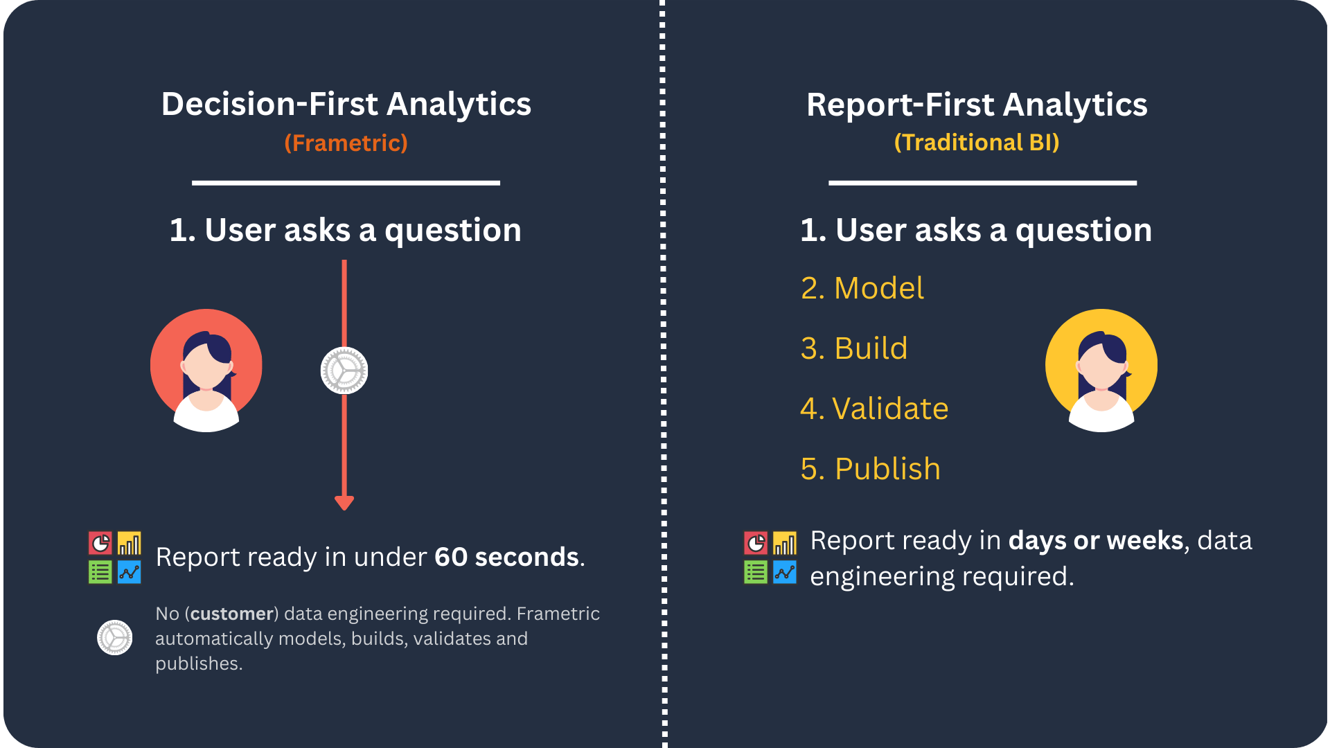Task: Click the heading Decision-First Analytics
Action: (x=346, y=105)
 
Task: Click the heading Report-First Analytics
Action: (x=977, y=105)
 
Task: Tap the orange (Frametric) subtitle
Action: (x=346, y=143)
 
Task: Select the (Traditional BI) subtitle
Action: (x=977, y=142)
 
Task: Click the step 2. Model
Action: (x=862, y=288)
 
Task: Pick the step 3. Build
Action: (x=854, y=348)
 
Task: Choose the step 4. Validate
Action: (x=874, y=409)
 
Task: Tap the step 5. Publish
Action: (x=871, y=469)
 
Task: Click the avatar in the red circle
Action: (x=206, y=371)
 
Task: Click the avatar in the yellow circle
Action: (x=1101, y=371)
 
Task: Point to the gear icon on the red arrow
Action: (x=344, y=371)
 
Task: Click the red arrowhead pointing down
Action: (x=344, y=503)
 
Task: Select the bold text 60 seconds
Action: (x=507, y=557)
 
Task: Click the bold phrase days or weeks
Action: (x=1097, y=540)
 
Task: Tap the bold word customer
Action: (x=232, y=614)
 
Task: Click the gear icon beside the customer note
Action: (x=115, y=638)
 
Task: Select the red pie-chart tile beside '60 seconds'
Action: (x=100, y=543)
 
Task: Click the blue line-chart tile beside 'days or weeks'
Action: (x=785, y=572)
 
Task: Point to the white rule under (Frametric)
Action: (x=346, y=183)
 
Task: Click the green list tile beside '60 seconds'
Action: (x=100, y=572)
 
